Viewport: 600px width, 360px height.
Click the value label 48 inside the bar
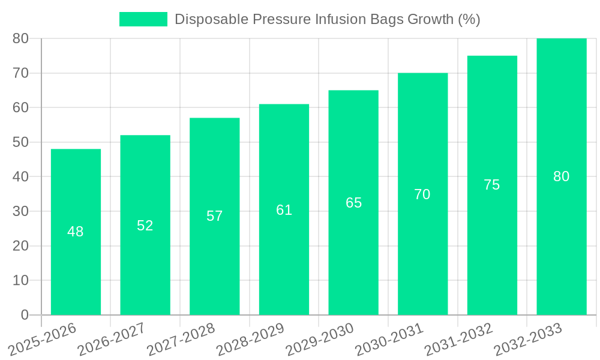(76, 232)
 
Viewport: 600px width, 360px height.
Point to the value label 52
(145, 226)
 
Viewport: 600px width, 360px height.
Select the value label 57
(215, 216)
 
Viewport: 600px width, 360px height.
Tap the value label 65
(353, 203)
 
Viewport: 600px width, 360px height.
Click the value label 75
(492, 185)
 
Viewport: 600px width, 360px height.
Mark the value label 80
(561, 176)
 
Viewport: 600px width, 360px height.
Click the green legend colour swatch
(143, 19)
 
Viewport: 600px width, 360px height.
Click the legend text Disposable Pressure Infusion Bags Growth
(327, 19)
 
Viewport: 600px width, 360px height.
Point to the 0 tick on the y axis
(25, 315)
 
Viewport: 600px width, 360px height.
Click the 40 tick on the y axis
(21, 177)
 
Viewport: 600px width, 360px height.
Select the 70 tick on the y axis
(21, 73)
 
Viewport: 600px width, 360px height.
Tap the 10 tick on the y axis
(21, 280)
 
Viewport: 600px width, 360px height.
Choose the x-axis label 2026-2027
(113, 339)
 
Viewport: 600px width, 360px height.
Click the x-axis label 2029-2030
(320, 339)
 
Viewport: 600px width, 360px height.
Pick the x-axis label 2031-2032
(459, 339)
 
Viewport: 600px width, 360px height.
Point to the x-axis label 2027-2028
(182, 339)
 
